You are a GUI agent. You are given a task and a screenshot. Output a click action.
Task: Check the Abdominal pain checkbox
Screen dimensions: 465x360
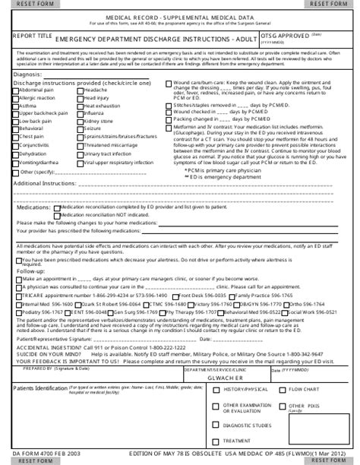(x=16, y=90)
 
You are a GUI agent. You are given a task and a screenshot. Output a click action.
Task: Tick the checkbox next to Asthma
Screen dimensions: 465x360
(x=16, y=106)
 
